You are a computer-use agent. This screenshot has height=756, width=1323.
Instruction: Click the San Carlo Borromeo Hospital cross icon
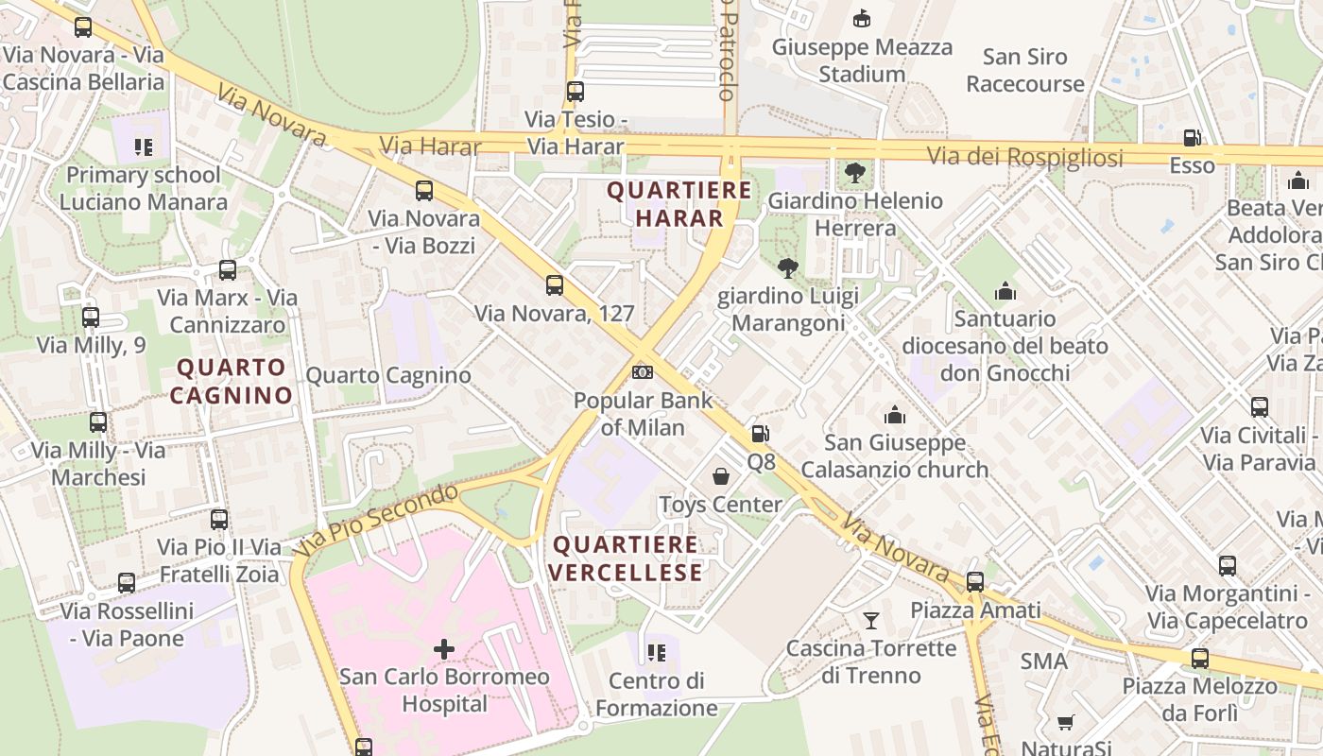(x=443, y=649)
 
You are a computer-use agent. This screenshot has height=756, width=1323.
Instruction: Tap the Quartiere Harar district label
(x=679, y=204)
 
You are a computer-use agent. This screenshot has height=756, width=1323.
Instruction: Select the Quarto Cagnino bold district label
(x=231, y=381)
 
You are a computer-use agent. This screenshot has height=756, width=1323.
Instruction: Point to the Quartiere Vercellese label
(x=626, y=558)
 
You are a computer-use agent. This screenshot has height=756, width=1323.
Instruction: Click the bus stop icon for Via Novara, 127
(x=555, y=285)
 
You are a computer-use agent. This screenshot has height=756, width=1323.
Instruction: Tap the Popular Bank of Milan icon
(x=643, y=372)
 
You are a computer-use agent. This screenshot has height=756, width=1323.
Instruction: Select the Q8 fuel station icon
(x=760, y=435)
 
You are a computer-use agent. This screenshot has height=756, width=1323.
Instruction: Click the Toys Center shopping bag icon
(x=721, y=476)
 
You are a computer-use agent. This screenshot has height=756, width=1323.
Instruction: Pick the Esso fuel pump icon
(x=1192, y=138)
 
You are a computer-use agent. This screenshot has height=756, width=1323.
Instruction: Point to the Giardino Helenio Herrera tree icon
(x=854, y=173)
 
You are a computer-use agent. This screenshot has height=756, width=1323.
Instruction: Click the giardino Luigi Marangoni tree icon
(x=787, y=268)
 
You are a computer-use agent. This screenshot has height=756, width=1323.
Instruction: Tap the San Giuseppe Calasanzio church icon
(x=894, y=415)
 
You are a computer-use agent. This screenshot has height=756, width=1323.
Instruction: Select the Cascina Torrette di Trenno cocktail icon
(x=871, y=621)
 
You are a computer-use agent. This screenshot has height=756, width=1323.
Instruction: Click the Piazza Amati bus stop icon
(x=975, y=582)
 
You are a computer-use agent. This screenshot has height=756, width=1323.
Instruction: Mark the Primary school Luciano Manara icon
(x=144, y=146)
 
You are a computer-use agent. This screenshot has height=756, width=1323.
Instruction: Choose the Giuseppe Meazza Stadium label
(x=862, y=60)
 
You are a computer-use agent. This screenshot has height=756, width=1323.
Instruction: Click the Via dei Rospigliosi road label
(x=1024, y=158)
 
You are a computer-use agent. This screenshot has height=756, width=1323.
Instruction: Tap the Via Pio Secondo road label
(x=376, y=519)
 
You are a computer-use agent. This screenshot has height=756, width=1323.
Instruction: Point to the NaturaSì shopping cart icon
(x=1066, y=723)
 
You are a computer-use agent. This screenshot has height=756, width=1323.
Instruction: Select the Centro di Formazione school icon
(x=657, y=652)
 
